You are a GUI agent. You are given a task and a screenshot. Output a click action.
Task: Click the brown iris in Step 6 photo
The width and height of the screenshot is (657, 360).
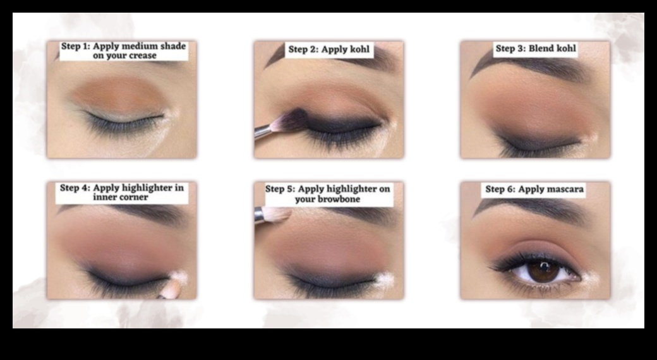[538, 271]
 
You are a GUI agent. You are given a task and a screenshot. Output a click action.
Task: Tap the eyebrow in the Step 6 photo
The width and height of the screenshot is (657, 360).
[531, 210]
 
